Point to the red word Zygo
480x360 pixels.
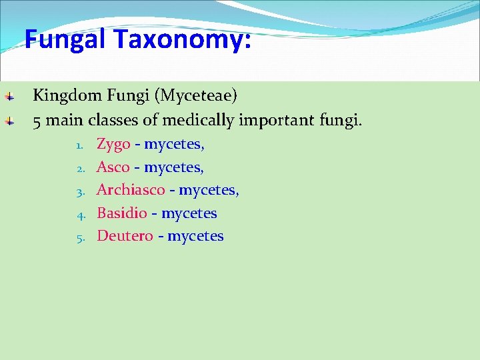tap(113, 145)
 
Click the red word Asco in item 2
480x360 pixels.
tap(113, 167)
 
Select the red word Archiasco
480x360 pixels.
tap(131, 190)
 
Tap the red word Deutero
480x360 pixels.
tap(125, 236)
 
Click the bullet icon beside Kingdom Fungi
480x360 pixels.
tap(9, 97)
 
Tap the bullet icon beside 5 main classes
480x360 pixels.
tap(9, 121)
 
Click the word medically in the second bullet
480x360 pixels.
tap(198, 121)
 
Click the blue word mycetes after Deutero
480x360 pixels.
tap(195, 236)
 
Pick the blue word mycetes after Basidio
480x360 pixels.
tap(189, 213)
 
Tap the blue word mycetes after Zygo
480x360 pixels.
tap(174, 145)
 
